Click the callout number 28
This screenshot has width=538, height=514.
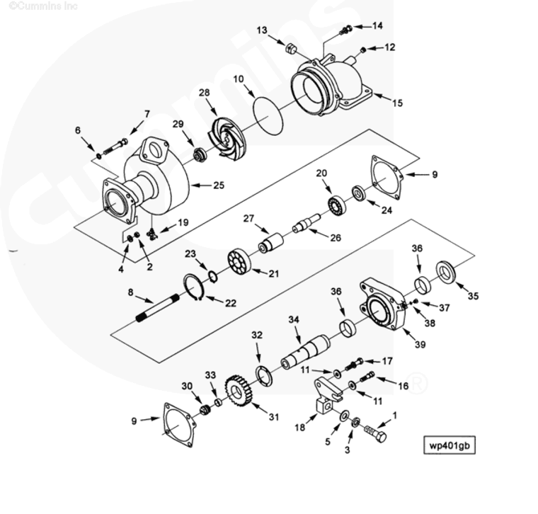(204, 93)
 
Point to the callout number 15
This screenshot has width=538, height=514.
(397, 103)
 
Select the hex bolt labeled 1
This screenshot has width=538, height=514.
(373, 430)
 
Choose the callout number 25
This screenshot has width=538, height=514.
(218, 185)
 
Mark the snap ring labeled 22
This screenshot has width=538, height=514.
(195, 286)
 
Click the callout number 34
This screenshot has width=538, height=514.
(293, 319)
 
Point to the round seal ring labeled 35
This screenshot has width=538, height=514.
(446, 271)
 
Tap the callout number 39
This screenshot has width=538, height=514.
(420, 345)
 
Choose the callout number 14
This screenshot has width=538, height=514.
(377, 25)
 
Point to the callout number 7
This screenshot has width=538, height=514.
(147, 114)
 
